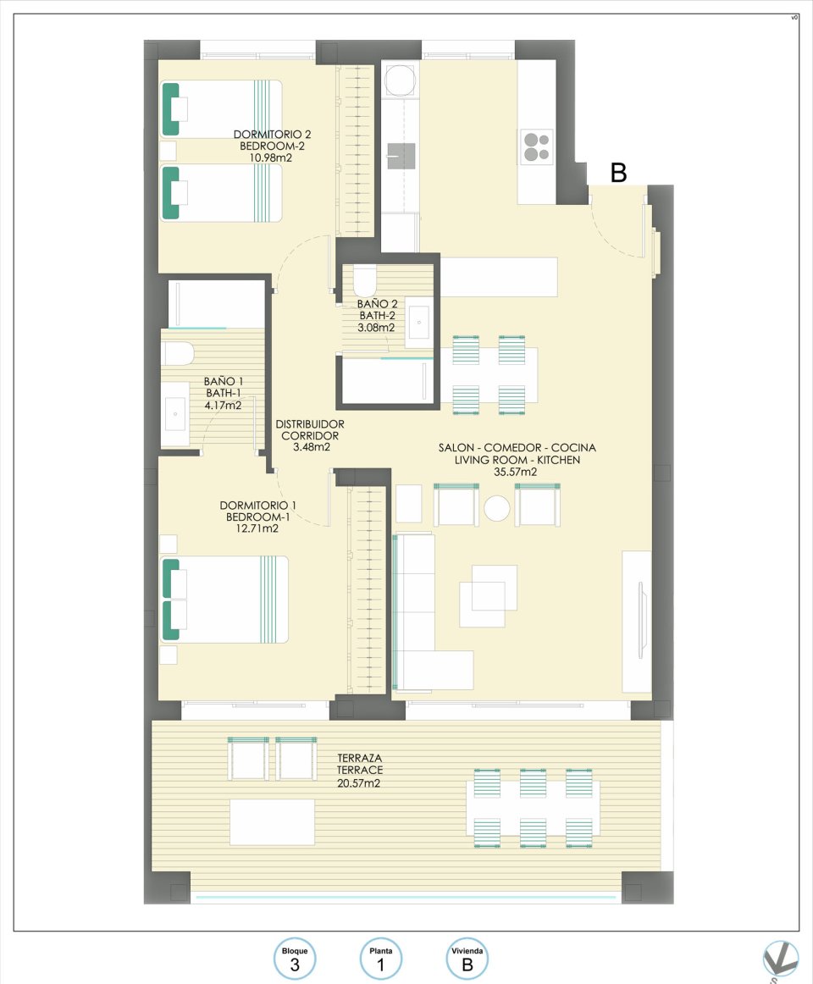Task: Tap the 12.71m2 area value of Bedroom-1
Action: (252, 528)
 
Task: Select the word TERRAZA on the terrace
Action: (360, 758)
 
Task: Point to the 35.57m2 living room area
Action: (516, 472)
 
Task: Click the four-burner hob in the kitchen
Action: (535, 146)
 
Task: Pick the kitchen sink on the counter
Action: (402, 156)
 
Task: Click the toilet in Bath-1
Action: (179, 352)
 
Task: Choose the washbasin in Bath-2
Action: (419, 322)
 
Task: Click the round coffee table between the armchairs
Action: (497, 508)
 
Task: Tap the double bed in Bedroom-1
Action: (225, 600)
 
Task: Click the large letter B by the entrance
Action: (619, 173)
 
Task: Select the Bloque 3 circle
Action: (295, 959)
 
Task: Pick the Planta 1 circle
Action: (380, 959)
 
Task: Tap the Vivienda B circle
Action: (467, 959)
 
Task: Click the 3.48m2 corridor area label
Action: (311, 447)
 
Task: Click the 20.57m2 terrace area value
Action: (360, 783)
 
